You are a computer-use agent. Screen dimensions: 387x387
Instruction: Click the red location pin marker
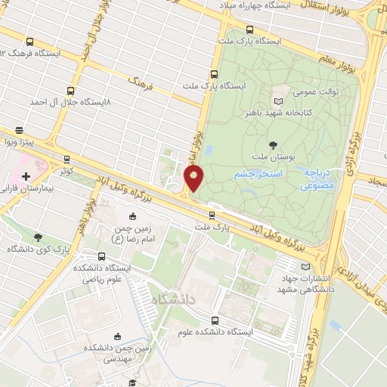pyautogui.click(x=194, y=179)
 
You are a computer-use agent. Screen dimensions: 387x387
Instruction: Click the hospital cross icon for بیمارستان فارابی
pyautogui.click(x=26, y=175)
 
